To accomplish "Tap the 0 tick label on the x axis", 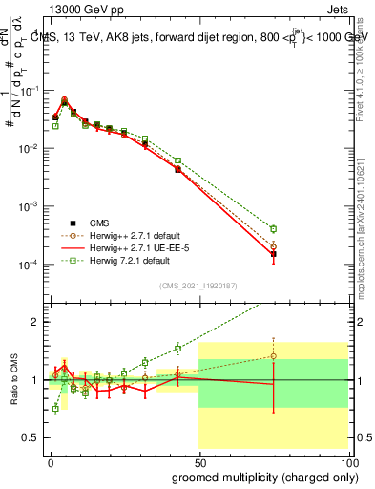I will (50, 459).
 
